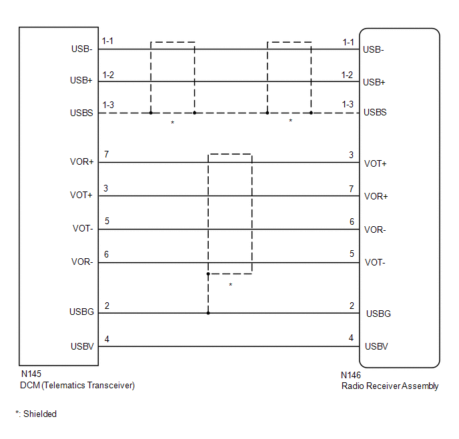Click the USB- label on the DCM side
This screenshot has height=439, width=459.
click(x=82, y=49)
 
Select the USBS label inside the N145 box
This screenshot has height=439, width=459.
click(x=81, y=113)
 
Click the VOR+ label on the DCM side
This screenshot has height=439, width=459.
click(x=82, y=162)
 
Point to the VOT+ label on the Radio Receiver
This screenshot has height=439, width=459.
click(x=376, y=163)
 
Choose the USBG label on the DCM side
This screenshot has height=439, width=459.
click(x=81, y=312)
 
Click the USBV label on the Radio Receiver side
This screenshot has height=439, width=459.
click(x=376, y=346)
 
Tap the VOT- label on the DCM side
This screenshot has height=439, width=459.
click(x=83, y=229)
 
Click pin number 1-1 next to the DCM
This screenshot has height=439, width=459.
click(x=107, y=41)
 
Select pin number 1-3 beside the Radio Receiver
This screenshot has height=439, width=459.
click(x=348, y=105)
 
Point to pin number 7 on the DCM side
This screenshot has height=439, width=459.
click(x=106, y=155)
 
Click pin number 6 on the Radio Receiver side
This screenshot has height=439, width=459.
click(x=351, y=222)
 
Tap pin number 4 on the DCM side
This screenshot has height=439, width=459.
click(x=107, y=339)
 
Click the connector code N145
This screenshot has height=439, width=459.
click(x=31, y=374)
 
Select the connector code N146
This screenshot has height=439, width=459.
click(x=351, y=376)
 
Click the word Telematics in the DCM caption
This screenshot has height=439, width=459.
click(x=68, y=385)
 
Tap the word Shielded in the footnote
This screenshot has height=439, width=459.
click(x=40, y=414)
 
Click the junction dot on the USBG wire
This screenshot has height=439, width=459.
click(x=208, y=313)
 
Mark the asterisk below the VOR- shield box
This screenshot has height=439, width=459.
click(x=231, y=285)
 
